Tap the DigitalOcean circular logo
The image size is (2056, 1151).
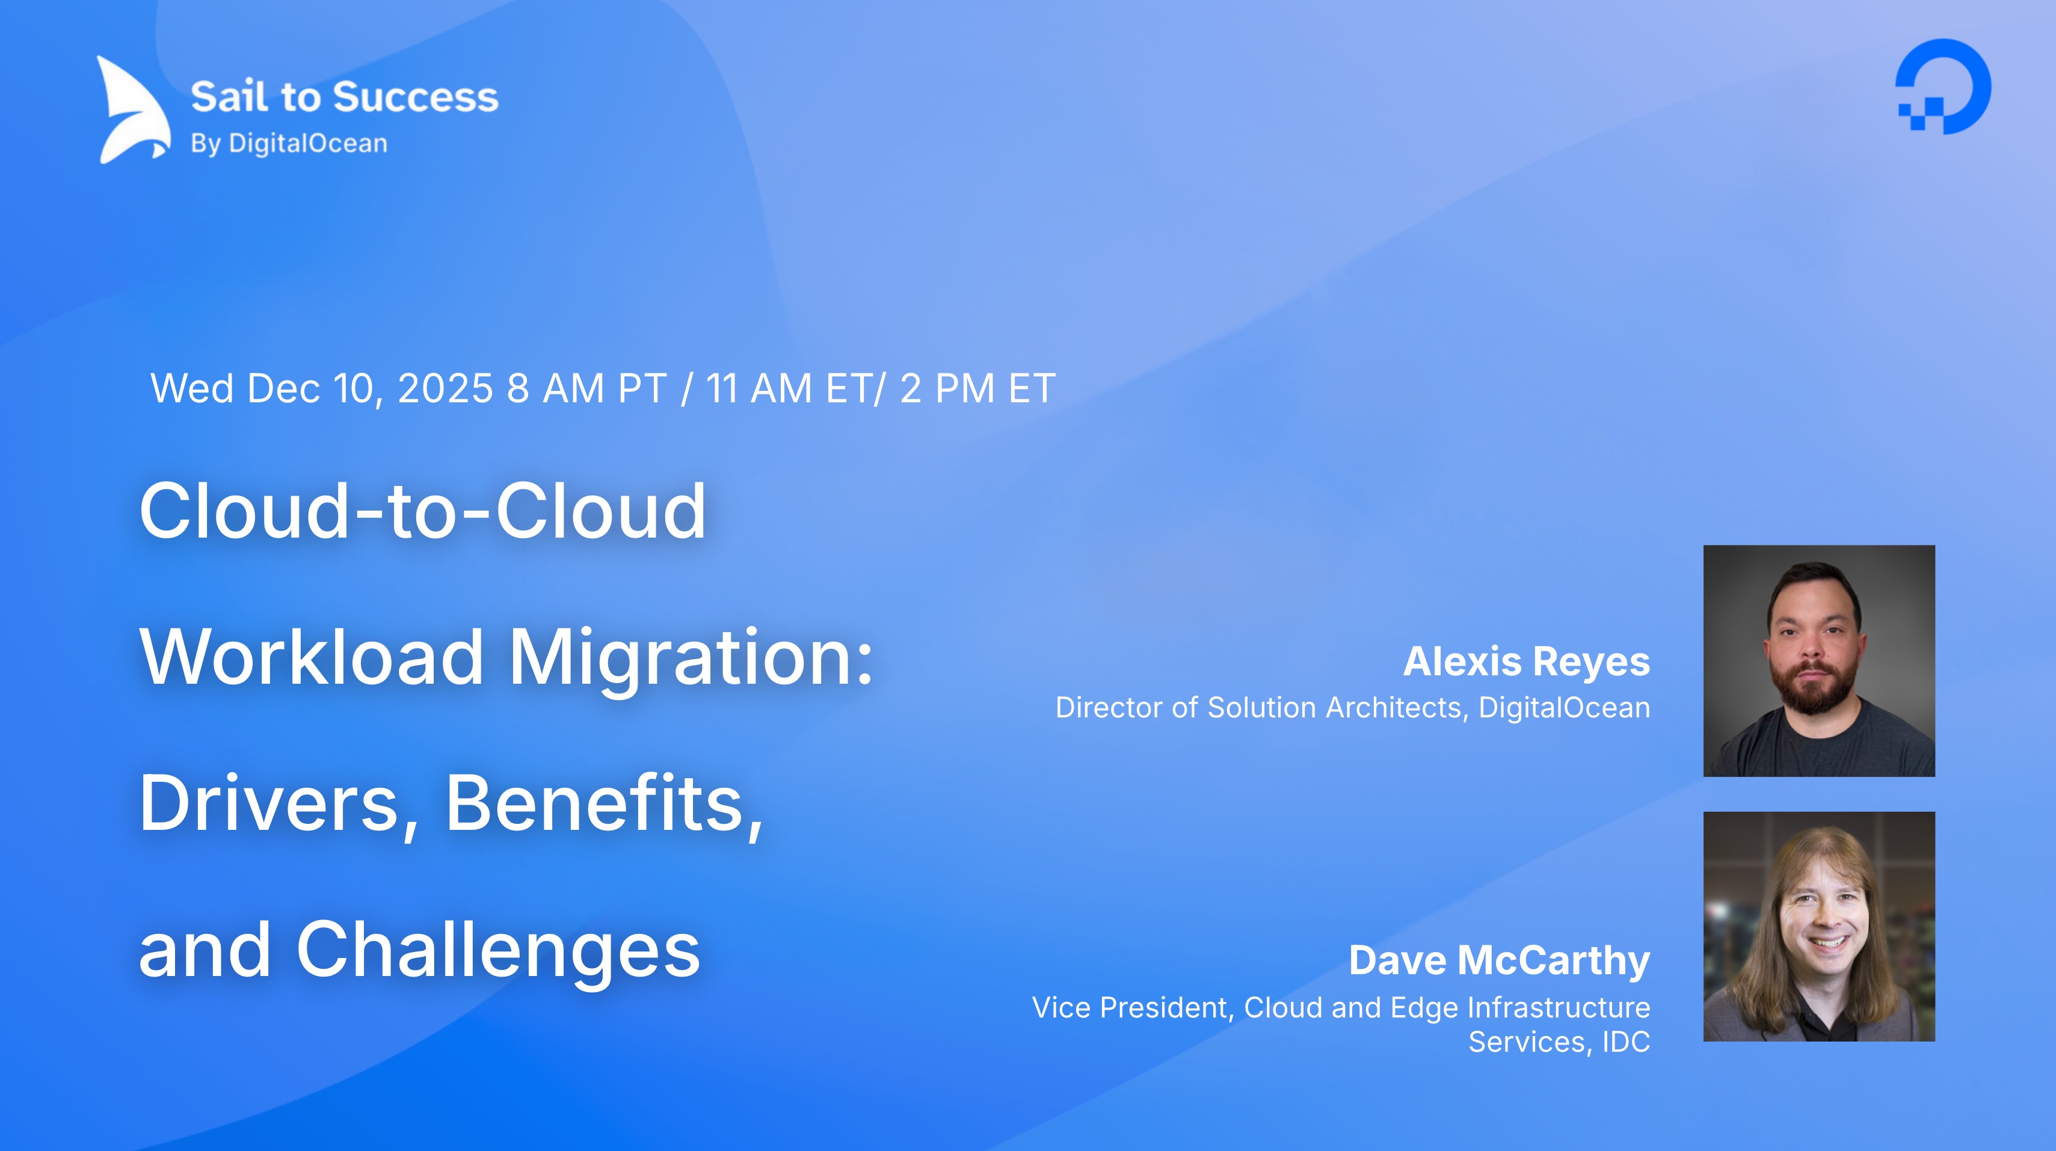click(x=1943, y=86)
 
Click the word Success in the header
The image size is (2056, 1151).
click(x=415, y=97)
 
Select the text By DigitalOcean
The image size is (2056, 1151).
click(x=289, y=144)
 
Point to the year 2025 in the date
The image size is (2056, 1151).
click(x=445, y=388)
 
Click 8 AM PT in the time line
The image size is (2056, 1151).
click(x=586, y=388)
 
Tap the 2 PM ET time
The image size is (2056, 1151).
click(x=977, y=388)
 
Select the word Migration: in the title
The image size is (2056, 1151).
click(x=691, y=658)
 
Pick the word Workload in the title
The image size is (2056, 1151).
click(x=311, y=658)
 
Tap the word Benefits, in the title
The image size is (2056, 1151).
click(x=604, y=804)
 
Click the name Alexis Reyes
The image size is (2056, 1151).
click(x=1526, y=661)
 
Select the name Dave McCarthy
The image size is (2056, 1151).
click(x=1499, y=960)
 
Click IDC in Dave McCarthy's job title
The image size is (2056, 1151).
click(x=1626, y=1042)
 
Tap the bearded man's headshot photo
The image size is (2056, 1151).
click(x=1819, y=661)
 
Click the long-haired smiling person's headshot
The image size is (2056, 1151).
click(x=1819, y=926)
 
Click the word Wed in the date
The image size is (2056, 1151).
click(x=191, y=388)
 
